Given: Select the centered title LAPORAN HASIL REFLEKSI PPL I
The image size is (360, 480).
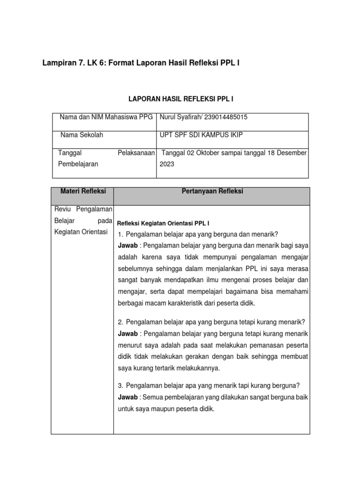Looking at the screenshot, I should click(181, 100).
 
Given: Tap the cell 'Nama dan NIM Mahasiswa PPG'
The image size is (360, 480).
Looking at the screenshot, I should click(106, 117).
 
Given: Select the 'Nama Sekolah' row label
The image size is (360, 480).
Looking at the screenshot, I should click(82, 135).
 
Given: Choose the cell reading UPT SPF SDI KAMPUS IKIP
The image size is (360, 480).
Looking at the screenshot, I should click(201, 135).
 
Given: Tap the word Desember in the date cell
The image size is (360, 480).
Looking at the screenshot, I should click(291, 153).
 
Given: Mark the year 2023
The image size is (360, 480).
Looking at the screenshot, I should click(167, 165).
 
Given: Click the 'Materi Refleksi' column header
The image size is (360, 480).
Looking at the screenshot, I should click(83, 191).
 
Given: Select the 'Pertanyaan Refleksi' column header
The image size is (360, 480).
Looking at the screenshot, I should click(211, 191).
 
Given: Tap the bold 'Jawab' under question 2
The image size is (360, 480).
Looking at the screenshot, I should click(127, 334).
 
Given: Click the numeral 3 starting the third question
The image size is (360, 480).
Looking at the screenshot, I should click(120, 386).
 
